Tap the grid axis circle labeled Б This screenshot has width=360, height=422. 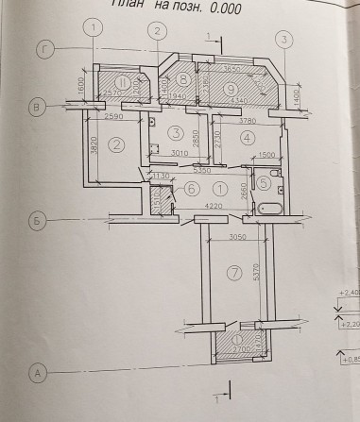tap(38, 222)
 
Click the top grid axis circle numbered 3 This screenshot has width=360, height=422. tap(283, 39)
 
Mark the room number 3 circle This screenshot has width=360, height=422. tap(175, 131)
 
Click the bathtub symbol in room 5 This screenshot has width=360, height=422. tap(269, 210)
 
